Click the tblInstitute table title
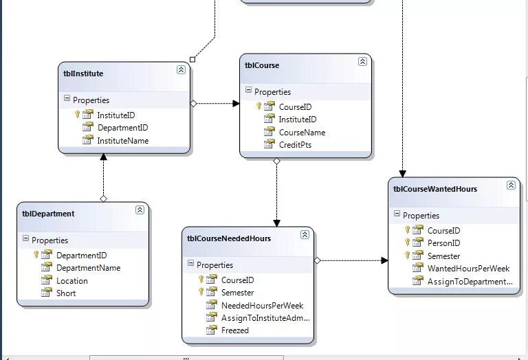coord(83,74)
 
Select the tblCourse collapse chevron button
coord(362,62)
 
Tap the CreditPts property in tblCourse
coord(295,145)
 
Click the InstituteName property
coord(122,141)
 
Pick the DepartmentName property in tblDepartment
coord(88,268)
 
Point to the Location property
coord(71,281)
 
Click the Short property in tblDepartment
coord(66,293)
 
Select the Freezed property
coord(234,330)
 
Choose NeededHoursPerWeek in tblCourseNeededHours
coord(262,306)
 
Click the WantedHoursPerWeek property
coord(468,269)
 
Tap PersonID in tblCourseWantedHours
coord(443,243)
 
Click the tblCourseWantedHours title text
coord(434,189)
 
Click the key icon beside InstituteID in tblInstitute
coord(78,115)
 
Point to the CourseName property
coord(302,133)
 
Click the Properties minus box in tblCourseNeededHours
coord(191,264)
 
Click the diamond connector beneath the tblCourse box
coord(276,161)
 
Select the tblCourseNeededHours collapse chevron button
coord(305,235)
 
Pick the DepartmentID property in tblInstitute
coord(122,128)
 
